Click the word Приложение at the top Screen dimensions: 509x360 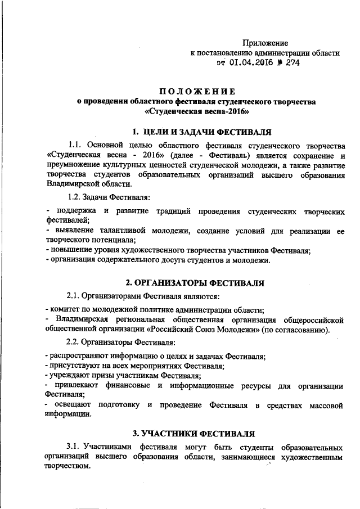[265, 43]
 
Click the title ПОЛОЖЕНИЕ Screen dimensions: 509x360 [196, 91]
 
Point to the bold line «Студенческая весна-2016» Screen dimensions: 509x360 [196, 111]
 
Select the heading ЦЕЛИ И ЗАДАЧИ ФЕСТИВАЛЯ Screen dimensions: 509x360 [201, 132]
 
